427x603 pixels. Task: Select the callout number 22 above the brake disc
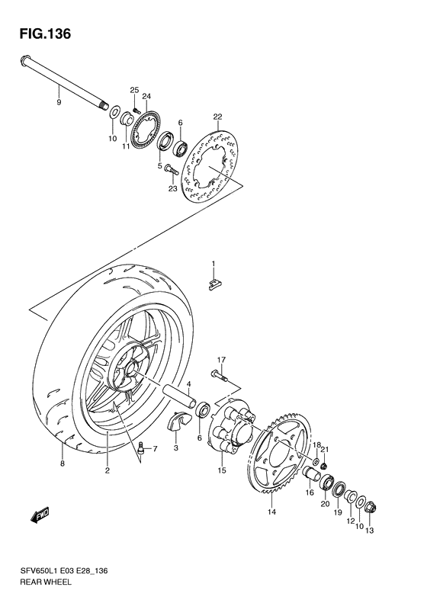(x=217, y=117)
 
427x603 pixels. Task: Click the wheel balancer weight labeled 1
(x=215, y=284)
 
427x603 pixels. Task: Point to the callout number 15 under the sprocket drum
(x=222, y=470)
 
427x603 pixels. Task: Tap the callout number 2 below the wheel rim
(x=108, y=470)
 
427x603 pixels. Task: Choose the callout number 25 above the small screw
(x=133, y=91)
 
